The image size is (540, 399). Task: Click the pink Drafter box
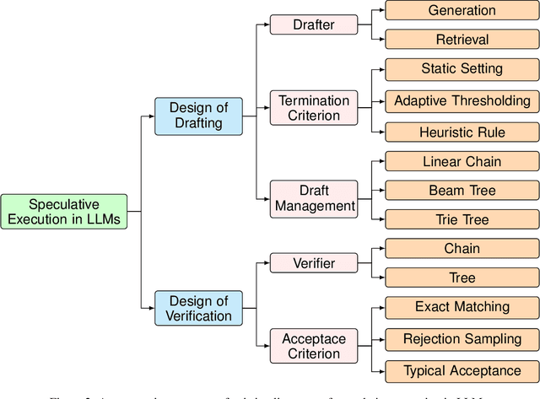313,24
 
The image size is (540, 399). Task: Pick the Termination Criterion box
313,109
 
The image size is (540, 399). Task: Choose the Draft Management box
313,197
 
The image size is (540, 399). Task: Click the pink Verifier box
313,263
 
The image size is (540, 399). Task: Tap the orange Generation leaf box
462,11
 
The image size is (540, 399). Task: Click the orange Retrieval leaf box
462,40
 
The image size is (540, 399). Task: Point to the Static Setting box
462,68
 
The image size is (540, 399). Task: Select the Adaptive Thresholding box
462,101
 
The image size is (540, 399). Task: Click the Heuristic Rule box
462,132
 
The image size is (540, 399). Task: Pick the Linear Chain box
462,161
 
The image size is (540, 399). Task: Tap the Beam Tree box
462,191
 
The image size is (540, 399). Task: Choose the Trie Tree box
462,220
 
